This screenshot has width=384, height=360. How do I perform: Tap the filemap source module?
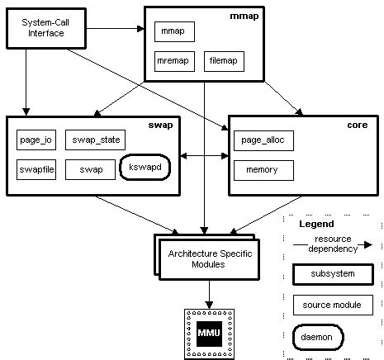pyautogui.click(x=223, y=61)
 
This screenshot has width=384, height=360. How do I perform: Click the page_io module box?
pyautogui.click(x=36, y=140)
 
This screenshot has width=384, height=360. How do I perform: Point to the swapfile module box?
pyautogui.click(x=36, y=168)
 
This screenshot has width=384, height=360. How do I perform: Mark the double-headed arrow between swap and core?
pyautogui.click(x=205, y=154)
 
